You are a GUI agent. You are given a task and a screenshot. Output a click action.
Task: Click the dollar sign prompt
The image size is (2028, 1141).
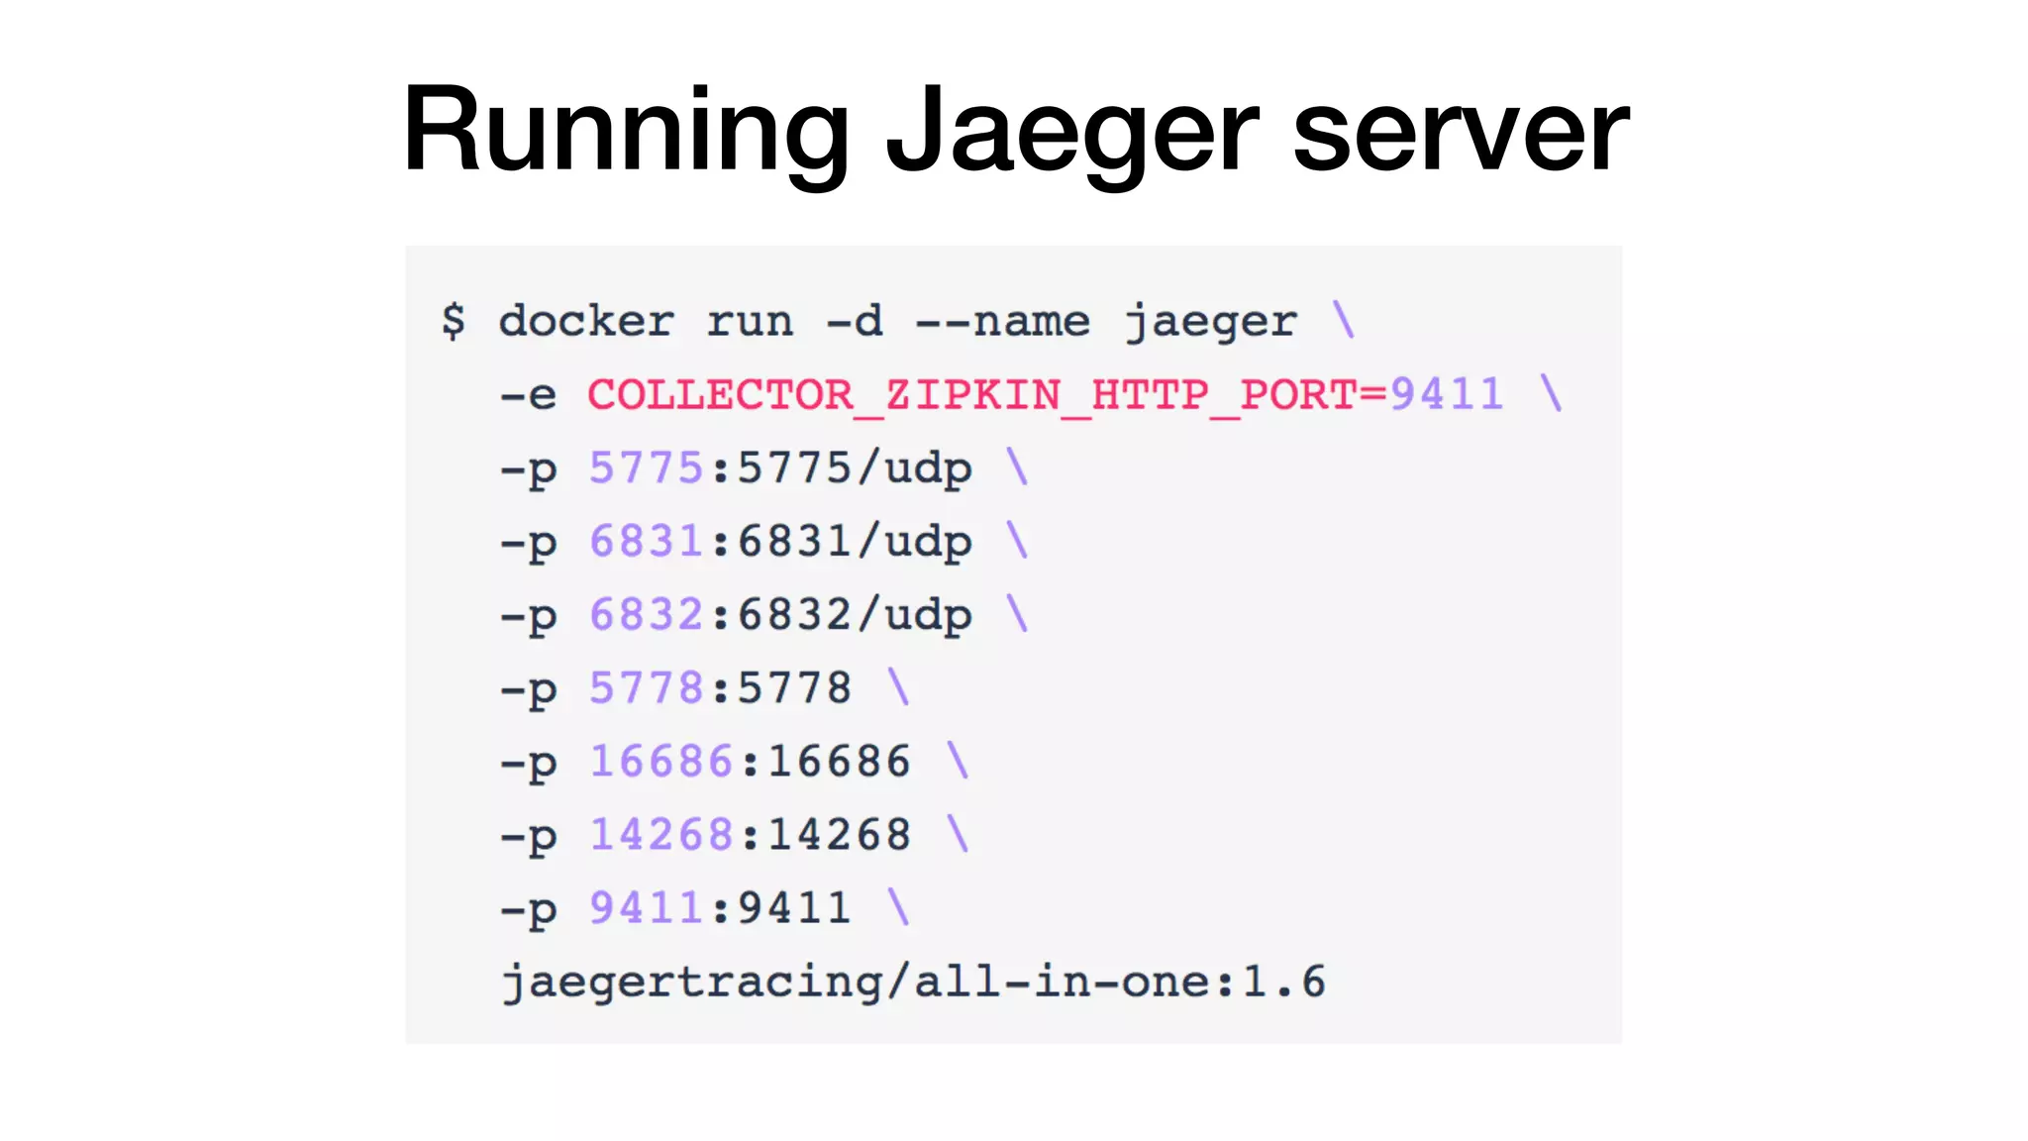[x=454, y=321]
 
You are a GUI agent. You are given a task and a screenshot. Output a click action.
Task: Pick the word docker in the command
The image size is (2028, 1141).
[x=586, y=321]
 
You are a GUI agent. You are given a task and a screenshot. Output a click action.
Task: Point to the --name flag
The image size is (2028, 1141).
[x=1002, y=321]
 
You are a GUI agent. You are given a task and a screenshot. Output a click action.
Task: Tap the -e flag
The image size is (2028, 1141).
[x=529, y=395]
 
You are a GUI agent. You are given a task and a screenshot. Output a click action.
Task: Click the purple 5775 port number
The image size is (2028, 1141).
[x=646, y=467]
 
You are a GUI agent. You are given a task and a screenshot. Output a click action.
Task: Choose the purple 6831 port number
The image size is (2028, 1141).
[x=646, y=541]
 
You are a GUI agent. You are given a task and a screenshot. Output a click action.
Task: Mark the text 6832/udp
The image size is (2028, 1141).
[x=855, y=615]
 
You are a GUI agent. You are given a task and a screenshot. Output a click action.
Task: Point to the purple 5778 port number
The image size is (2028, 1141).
[x=646, y=687]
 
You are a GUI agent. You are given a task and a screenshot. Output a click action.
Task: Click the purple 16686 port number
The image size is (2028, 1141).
[x=660, y=761]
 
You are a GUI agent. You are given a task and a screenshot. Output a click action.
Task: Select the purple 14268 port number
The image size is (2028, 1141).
[x=660, y=834]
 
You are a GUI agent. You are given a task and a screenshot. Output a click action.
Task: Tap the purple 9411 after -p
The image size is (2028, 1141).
[x=646, y=907]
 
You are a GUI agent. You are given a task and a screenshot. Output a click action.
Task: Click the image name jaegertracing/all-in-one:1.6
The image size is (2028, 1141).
[x=913, y=982]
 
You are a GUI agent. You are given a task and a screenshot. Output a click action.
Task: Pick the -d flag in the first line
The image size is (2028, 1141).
[x=855, y=321]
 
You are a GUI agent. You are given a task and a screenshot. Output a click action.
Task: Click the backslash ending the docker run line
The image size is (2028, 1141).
[x=1344, y=320]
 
